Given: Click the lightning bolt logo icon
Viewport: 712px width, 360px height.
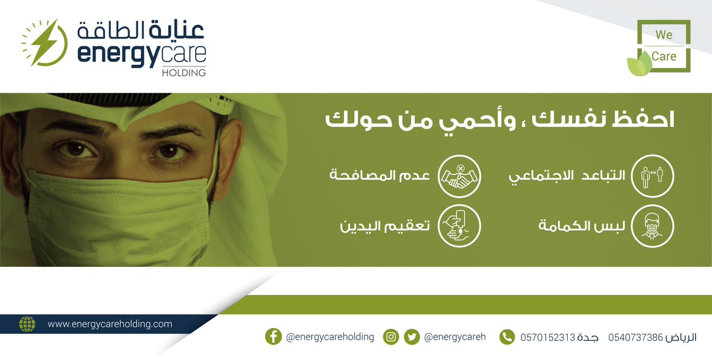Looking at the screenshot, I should tap(43, 43).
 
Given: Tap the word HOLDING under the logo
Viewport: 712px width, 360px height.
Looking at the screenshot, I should tap(183, 73).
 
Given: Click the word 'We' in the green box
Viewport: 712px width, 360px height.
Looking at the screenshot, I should tap(664, 35).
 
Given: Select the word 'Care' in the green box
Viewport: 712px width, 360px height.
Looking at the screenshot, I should tap(664, 56).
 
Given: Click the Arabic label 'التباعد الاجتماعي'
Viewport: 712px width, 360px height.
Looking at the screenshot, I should tap(568, 177).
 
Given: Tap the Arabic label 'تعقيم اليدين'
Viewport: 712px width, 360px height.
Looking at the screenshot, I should tap(386, 226).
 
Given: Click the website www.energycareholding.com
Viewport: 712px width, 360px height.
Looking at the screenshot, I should tap(110, 324).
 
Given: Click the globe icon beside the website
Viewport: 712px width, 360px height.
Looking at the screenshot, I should tap(27, 324).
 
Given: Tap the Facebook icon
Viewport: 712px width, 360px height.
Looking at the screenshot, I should tap(273, 337).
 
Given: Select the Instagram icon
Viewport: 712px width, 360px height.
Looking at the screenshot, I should tap(391, 337).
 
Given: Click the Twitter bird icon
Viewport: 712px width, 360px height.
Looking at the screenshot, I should tap(411, 337).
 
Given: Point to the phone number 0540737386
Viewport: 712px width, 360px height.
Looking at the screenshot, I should tap(635, 337).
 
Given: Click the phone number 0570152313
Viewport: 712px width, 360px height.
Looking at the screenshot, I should tap(548, 337).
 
